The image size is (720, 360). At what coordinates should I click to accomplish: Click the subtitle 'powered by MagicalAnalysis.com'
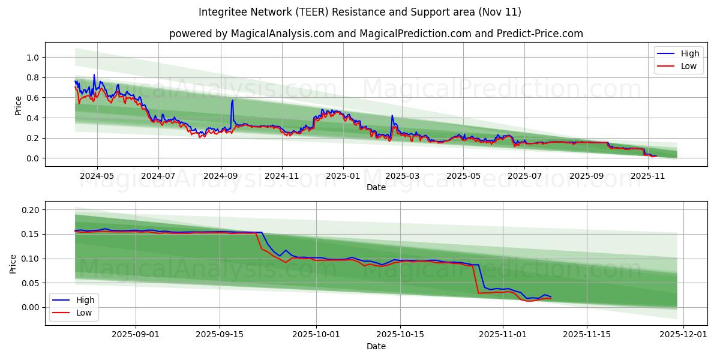[x=376, y=34]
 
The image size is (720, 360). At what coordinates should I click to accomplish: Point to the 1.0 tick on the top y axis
[x=32, y=58]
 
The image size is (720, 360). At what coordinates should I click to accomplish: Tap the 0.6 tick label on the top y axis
[x=32, y=98]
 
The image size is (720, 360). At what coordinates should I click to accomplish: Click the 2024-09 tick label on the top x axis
[x=220, y=176]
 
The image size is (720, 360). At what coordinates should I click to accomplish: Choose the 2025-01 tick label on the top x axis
[x=343, y=176]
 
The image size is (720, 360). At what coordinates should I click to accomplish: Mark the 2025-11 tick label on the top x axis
[x=648, y=176]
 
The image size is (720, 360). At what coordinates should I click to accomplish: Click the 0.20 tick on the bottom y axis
[x=29, y=210]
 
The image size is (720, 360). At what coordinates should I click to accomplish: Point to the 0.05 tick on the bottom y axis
[x=29, y=283]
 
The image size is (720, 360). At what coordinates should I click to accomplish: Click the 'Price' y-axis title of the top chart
[x=18, y=106]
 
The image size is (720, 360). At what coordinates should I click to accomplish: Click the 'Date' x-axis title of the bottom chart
[x=376, y=347]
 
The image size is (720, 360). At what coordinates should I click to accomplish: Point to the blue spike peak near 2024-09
[x=232, y=100]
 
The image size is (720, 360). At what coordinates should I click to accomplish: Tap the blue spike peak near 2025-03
[x=392, y=115]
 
